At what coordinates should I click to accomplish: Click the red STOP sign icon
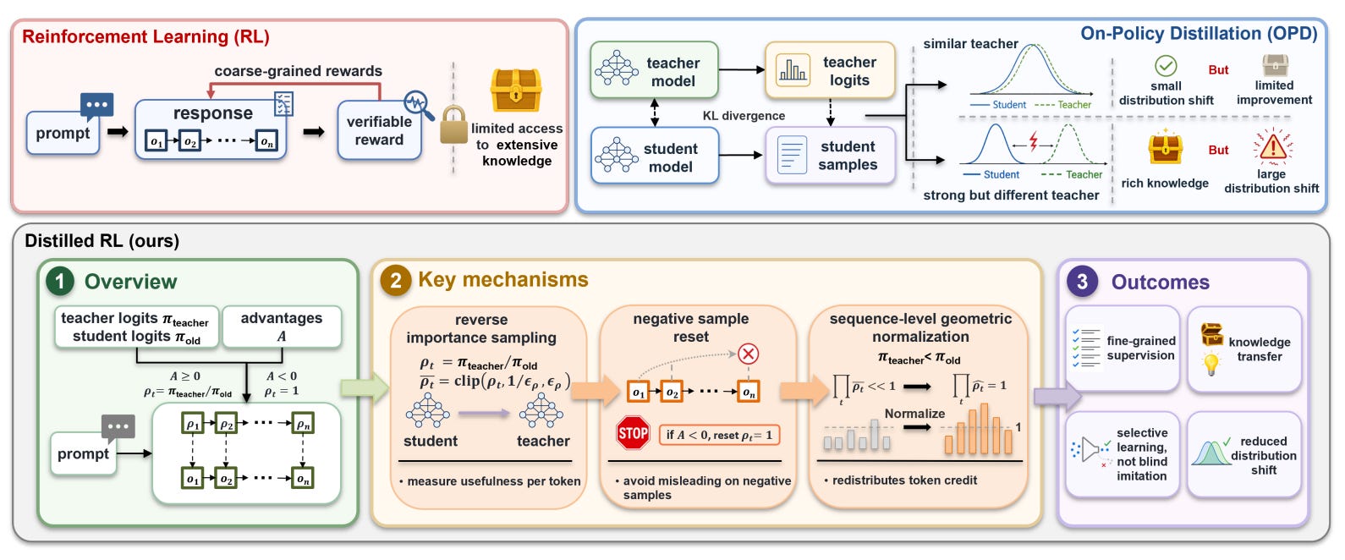[x=633, y=433]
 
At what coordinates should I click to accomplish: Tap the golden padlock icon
[x=454, y=125]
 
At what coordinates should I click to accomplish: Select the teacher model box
[x=655, y=70]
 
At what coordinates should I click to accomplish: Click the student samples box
[x=831, y=156]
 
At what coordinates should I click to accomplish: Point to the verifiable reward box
[x=380, y=130]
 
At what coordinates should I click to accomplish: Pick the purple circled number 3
[x=1082, y=281]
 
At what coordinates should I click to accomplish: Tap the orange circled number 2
[x=396, y=280]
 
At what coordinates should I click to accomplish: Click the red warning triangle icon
[x=1272, y=145]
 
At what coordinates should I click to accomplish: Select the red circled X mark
[x=748, y=354]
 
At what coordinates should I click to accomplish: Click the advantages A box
[x=282, y=327]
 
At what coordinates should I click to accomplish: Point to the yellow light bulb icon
[x=1211, y=364]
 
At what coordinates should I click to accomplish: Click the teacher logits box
[x=830, y=70]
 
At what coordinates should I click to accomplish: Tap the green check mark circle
[x=1166, y=66]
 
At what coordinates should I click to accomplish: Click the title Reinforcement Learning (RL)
[x=145, y=36]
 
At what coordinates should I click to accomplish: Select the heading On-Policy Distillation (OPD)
[x=1200, y=34]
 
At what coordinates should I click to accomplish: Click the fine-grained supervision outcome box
[x=1123, y=349]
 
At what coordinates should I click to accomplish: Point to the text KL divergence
[x=744, y=116]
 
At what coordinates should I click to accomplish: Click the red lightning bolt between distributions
[x=1034, y=141]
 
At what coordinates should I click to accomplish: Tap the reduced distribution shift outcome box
[x=1244, y=454]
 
